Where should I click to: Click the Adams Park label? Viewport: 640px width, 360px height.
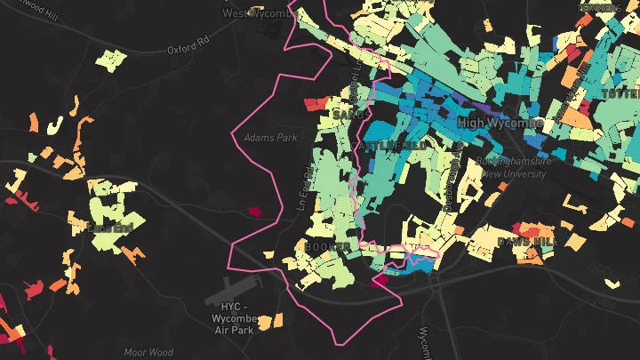(x=270, y=138)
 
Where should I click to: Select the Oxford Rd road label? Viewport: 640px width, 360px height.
(x=188, y=45)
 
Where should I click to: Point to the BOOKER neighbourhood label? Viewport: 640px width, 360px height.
(x=327, y=245)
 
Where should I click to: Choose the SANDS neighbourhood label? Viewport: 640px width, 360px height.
(x=348, y=116)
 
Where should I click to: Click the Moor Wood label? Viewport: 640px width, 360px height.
(x=148, y=353)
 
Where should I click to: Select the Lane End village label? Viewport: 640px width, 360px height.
(x=111, y=228)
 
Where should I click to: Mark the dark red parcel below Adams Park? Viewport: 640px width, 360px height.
(x=254, y=212)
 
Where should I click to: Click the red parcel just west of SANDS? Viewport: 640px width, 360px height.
(x=316, y=104)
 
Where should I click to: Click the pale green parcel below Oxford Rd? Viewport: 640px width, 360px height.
(x=111, y=60)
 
